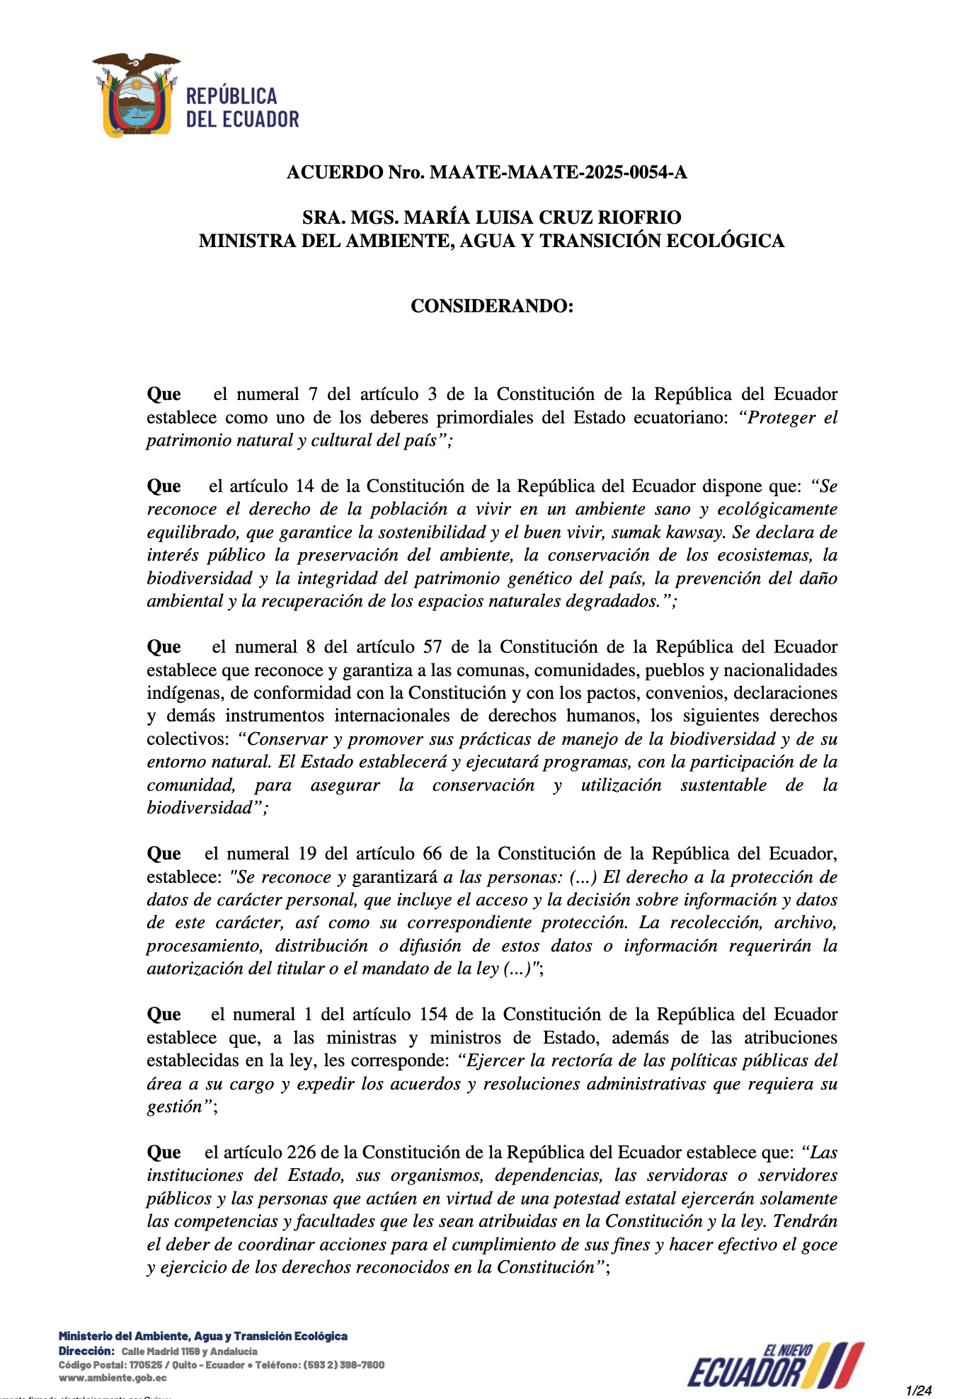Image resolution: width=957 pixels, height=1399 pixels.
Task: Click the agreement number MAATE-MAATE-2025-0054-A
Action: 558,172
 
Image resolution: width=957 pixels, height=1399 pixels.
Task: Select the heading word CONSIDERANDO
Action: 491,306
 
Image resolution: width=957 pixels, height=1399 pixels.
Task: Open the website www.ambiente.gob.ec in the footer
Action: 113,1378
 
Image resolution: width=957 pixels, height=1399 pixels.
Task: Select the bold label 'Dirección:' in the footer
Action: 86,1352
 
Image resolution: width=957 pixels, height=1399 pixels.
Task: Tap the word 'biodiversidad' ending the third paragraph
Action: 199,808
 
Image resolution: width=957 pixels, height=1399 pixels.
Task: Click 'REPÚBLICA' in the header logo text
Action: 231,97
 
